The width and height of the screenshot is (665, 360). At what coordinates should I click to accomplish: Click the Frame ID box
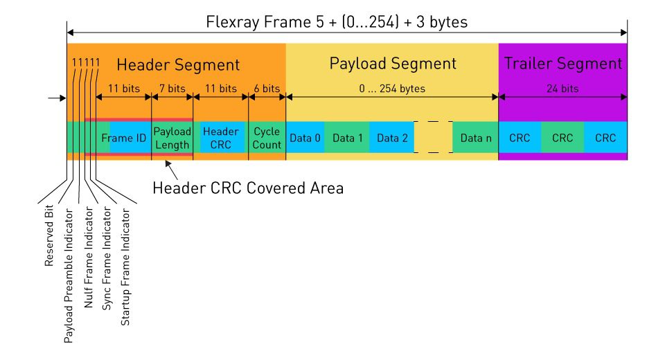pyautogui.click(x=123, y=138)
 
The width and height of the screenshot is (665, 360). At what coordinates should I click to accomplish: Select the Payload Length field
pyautogui.click(x=172, y=137)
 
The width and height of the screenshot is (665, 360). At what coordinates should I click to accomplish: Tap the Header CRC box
pyautogui.click(x=221, y=138)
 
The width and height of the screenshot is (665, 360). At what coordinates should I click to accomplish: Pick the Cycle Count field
pyautogui.click(x=267, y=138)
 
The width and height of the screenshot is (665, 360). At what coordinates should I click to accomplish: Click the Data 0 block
pyautogui.click(x=305, y=138)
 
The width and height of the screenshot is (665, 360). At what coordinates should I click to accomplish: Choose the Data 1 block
pyautogui.click(x=347, y=138)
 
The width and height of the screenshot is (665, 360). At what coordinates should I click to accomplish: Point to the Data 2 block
pyautogui.click(x=391, y=138)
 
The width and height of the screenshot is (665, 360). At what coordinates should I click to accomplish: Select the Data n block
pyautogui.click(x=475, y=138)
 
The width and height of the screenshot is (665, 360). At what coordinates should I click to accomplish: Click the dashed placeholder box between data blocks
pyautogui.click(x=433, y=138)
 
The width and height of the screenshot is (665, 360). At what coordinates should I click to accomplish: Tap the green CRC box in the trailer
pyautogui.click(x=562, y=138)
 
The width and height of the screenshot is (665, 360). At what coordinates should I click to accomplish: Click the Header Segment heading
pyautogui.click(x=178, y=65)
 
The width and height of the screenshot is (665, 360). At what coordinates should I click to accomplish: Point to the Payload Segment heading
pyautogui.click(x=393, y=64)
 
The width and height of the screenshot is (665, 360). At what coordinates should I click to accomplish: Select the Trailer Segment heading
pyautogui.click(x=563, y=64)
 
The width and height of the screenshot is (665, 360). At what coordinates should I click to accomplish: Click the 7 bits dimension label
pyautogui.click(x=172, y=89)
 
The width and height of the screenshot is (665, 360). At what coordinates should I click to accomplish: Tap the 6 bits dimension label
pyautogui.click(x=267, y=89)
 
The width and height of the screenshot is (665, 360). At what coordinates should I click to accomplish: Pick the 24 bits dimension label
pyautogui.click(x=562, y=89)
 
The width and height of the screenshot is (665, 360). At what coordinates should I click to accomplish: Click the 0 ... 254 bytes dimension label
pyautogui.click(x=392, y=89)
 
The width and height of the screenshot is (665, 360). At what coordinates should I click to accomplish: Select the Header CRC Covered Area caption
pyautogui.click(x=247, y=188)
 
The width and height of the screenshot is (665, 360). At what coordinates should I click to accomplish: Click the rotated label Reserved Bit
pyautogui.click(x=50, y=235)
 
